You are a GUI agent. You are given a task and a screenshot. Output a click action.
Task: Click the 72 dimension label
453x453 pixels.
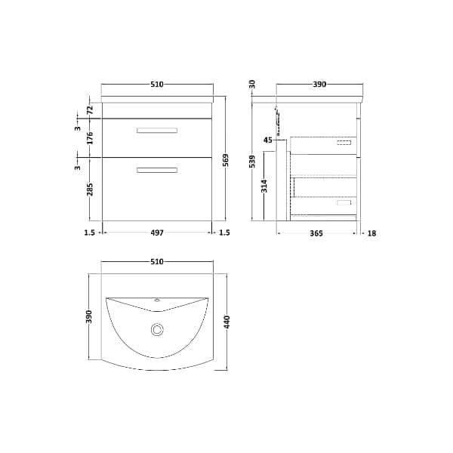point(90,109)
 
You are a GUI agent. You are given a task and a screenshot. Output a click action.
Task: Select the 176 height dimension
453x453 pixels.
point(90,138)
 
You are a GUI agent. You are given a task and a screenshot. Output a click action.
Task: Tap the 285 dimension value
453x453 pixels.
point(90,190)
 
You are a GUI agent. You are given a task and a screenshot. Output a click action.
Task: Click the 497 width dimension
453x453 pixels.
point(156,233)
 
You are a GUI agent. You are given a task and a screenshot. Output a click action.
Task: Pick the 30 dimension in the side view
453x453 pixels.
point(253,84)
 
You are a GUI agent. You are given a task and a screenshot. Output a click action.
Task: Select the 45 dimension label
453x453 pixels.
point(268,140)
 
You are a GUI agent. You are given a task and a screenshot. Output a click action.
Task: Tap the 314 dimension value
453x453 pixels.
point(264,187)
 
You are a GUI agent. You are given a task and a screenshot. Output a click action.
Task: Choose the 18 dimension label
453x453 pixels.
point(371,233)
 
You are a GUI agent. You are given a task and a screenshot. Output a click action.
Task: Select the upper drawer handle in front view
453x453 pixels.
point(157,131)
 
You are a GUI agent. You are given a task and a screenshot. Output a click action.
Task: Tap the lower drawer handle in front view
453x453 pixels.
point(157,170)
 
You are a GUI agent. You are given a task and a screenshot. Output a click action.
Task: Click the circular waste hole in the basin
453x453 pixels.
point(157,329)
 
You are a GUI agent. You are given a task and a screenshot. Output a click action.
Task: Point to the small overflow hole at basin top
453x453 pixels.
point(157,301)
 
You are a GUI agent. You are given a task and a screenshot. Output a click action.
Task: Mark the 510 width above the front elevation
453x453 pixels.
point(156,85)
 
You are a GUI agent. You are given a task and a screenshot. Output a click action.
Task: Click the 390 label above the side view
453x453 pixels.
point(319,85)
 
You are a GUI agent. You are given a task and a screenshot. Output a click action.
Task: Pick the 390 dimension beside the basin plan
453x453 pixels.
point(90,318)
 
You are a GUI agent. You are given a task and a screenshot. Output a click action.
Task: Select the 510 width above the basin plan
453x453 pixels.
point(156,262)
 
